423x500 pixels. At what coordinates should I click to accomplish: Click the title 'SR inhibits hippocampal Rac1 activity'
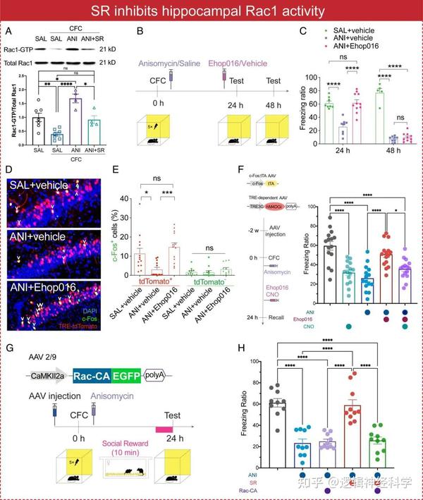pos(211,12)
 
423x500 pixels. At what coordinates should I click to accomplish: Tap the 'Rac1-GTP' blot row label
pos(20,49)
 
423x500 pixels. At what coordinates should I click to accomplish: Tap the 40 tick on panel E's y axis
pos(131,199)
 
